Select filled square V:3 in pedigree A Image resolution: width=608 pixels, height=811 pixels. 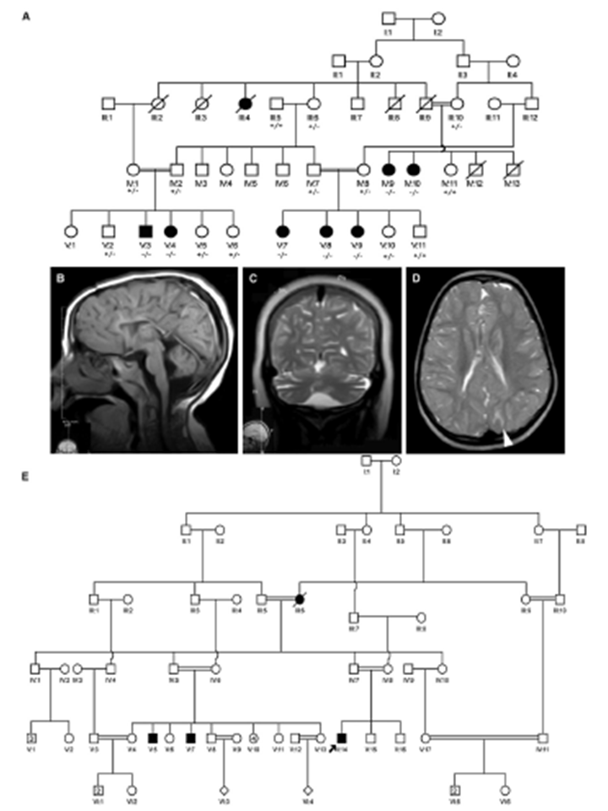pyautogui.click(x=145, y=230)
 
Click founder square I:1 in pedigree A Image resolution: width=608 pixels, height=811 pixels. pyautogui.click(x=388, y=18)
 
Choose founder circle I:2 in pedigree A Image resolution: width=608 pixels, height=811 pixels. pyautogui.click(x=438, y=18)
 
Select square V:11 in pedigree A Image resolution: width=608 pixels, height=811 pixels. pyautogui.click(x=418, y=230)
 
